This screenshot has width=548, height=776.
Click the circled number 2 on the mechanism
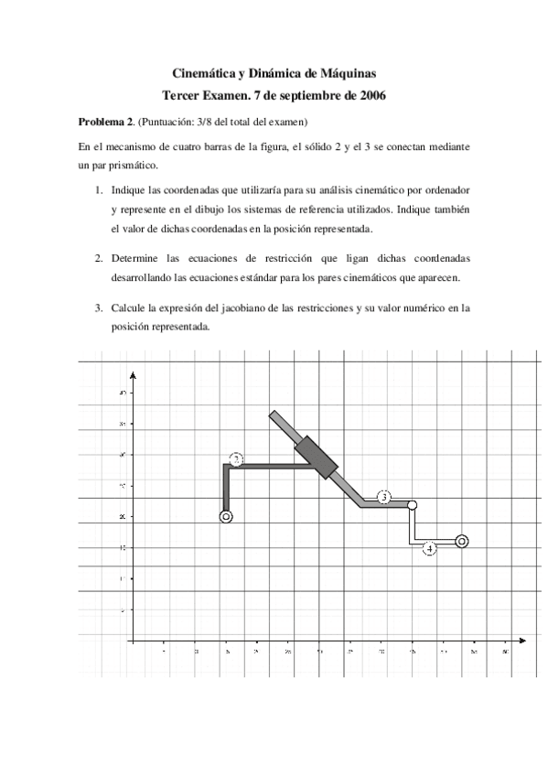(x=236, y=459)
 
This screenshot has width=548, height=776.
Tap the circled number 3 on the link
(x=384, y=497)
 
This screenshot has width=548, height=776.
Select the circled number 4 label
(x=430, y=548)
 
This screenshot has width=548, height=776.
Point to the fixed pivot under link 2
(x=227, y=516)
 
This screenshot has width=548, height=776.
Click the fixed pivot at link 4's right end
(x=462, y=541)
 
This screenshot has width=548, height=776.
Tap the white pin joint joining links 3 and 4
(x=413, y=505)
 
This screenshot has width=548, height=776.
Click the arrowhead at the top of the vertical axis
(x=134, y=374)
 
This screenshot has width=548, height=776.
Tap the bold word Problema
(x=99, y=122)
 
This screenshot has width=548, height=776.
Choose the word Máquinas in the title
(x=346, y=73)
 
